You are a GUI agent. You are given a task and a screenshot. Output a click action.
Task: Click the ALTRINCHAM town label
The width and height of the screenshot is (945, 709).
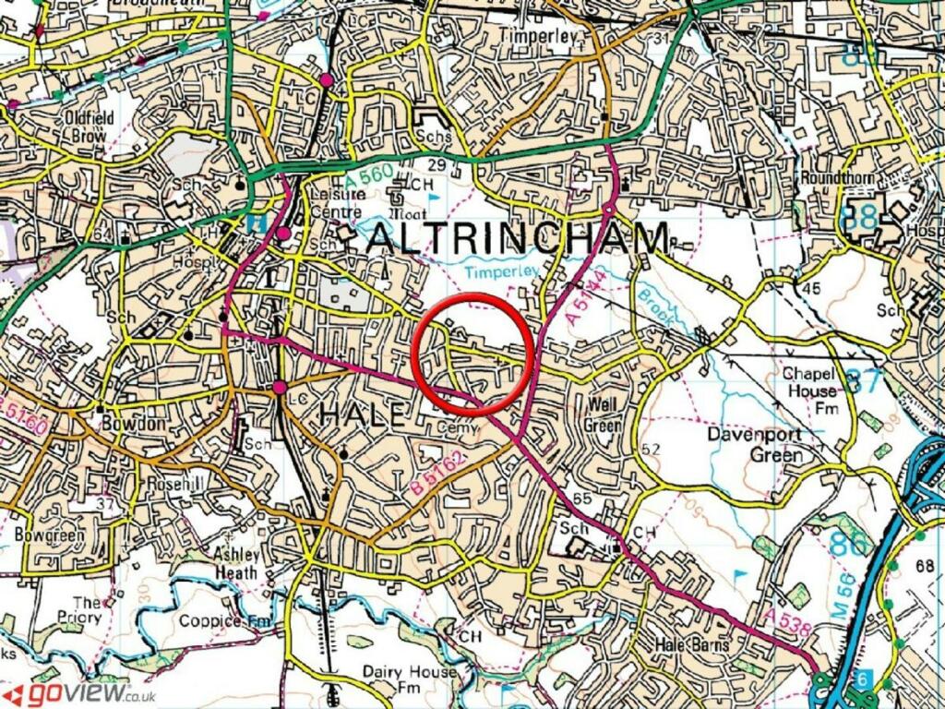(519, 240)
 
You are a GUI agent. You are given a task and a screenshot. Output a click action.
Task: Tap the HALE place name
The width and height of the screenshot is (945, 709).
(362, 415)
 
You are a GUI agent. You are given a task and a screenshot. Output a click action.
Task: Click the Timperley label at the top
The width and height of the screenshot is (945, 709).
(537, 36)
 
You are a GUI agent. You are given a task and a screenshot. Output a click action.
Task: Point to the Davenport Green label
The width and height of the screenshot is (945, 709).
(762, 443)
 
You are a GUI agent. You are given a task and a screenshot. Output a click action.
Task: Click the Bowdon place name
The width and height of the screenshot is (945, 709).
(138, 423)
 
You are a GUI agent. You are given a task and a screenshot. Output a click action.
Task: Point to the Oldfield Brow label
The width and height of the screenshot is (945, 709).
(89, 126)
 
